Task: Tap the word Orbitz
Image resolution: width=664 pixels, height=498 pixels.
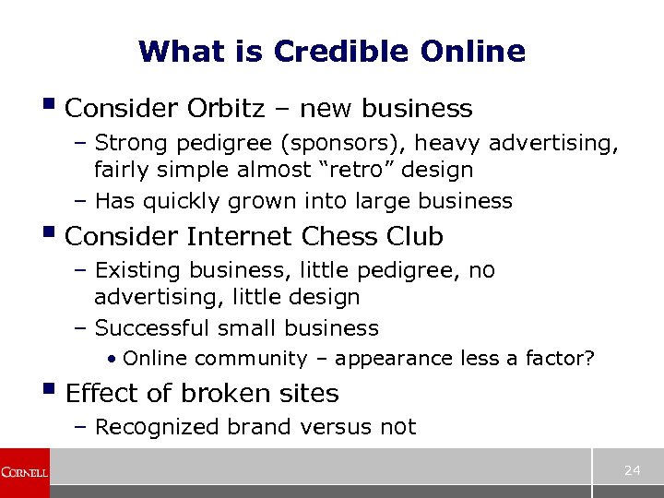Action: (x=225, y=109)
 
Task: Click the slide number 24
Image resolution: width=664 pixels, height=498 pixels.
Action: (x=632, y=470)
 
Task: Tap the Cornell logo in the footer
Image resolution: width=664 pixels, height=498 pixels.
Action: (x=24, y=472)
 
